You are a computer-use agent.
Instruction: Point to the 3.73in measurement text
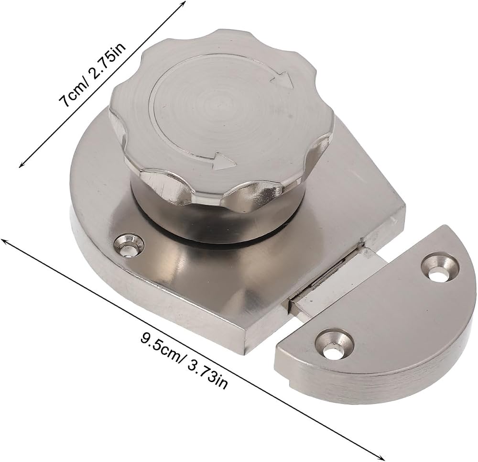[207, 374]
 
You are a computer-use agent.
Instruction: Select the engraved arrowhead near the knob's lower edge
[225, 161]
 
